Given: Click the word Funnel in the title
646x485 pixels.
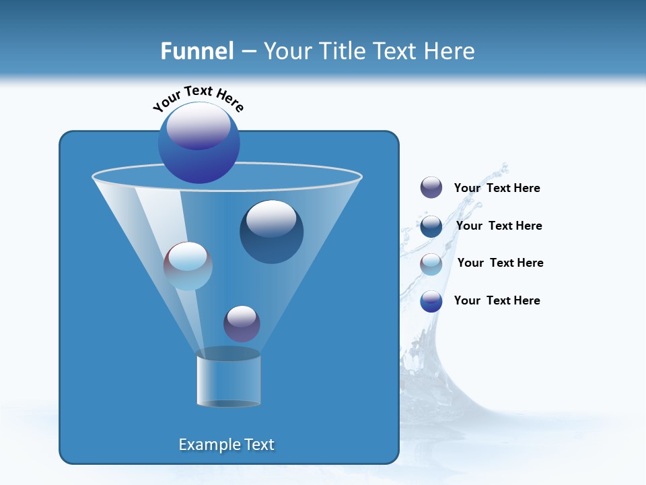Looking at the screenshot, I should (x=197, y=51).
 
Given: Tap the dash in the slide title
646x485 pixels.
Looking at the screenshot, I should (x=248, y=52).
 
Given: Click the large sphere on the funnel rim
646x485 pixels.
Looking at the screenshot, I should (x=199, y=143).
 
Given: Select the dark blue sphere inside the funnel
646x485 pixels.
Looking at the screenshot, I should (x=271, y=232).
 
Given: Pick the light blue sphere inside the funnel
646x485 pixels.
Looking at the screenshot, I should (x=188, y=266).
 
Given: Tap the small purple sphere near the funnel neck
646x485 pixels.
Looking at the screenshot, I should (x=242, y=323).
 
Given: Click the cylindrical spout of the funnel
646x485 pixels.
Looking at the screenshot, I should (x=228, y=381).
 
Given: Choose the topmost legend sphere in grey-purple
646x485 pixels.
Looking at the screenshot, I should (x=431, y=188).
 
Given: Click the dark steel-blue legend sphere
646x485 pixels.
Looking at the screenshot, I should (x=431, y=226).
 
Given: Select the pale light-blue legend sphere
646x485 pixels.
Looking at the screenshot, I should (x=431, y=264).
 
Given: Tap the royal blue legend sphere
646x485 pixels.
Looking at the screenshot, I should (x=431, y=301).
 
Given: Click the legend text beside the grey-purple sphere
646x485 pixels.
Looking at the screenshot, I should (x=497, y=189).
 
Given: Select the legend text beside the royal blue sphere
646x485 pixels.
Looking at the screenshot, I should (x=497, y=300).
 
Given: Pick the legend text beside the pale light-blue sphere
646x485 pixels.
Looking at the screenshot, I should (x=500, y=263).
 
